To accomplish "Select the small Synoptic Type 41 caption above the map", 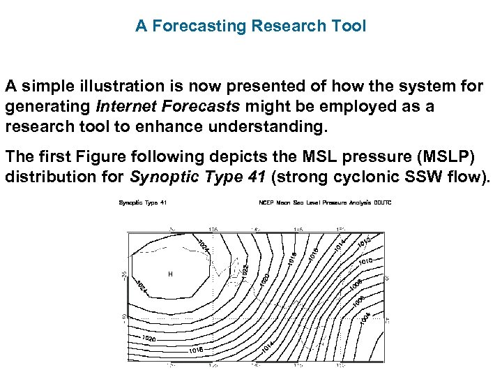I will (x=142, y=203).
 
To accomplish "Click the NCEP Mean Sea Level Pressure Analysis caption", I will (x=325, y=203).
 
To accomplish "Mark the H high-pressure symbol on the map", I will (x=169, y=274).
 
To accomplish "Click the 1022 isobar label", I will (x=245, y=269).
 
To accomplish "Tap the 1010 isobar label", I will (x=366, y=261).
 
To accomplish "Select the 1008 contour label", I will (x=356, y=284).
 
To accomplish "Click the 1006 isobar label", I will (x=360, y=300).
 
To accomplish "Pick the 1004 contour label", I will (x=365, y=316).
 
